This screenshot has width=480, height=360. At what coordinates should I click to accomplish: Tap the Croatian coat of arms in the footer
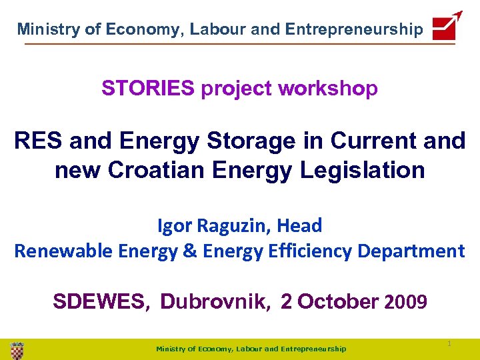pos(17,349)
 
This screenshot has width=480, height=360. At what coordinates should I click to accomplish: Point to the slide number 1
pos(449,343)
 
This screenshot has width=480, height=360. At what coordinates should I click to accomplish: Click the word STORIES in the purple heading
pos(148,88)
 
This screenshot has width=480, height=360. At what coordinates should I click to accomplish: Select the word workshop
pos(328,88)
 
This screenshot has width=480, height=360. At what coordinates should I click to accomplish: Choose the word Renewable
pos(63,251)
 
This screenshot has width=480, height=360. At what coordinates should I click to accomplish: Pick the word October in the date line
pos(338,302)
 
